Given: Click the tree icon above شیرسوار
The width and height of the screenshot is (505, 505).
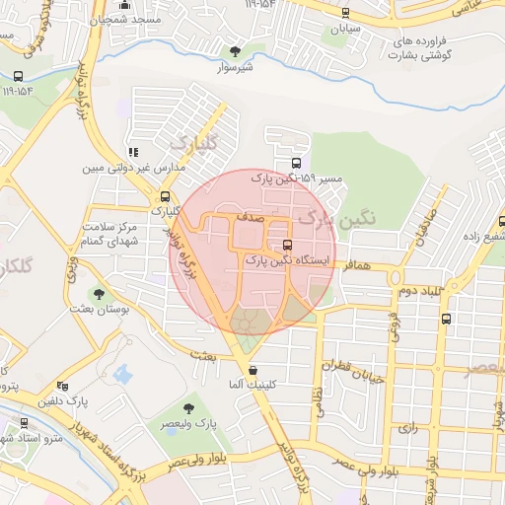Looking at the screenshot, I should [x=234, y=50].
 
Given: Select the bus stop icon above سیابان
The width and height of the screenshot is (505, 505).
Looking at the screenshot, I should [x=344, y=13].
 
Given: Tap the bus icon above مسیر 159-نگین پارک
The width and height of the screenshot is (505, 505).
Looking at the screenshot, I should [x=296, y=164].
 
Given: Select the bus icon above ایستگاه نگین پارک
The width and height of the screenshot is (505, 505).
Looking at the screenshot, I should [x=287, y=245].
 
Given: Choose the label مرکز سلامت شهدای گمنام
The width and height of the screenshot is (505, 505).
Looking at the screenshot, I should [x=123, y=234].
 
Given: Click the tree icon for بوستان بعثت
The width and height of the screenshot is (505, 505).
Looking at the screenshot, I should [x=99, y=294].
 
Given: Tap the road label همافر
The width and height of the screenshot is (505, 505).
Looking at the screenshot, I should [x=357, y=266].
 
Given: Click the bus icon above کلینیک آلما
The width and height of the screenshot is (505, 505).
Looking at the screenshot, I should [x=255, y=371].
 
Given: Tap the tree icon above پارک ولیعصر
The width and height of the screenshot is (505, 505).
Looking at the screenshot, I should [x=188, y=408].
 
